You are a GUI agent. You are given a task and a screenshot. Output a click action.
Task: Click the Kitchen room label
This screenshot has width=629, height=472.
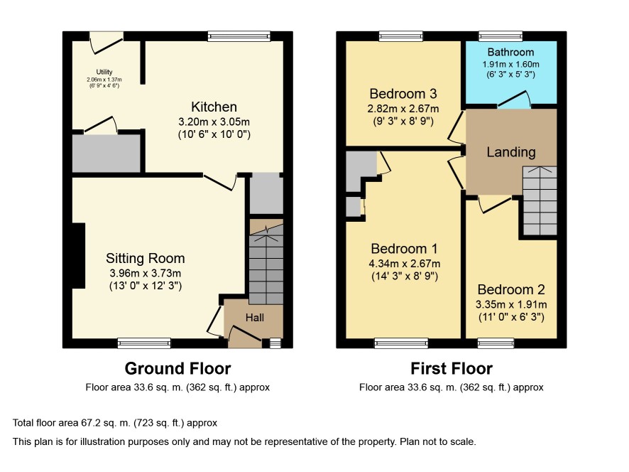214,107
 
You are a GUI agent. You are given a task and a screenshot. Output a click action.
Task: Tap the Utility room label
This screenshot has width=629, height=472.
104,72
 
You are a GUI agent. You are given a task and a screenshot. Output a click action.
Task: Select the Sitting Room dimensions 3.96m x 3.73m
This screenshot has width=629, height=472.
146,273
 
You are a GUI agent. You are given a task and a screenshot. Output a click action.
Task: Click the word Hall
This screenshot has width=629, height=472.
255,318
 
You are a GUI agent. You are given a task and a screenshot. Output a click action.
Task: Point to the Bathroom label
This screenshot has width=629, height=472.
510,52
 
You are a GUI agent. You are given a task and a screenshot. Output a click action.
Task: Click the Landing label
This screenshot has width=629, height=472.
511,152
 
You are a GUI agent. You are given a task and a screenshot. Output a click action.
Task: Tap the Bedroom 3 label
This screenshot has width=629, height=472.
403,94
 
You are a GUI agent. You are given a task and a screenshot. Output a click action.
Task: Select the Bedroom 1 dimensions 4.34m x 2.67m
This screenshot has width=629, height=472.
405,264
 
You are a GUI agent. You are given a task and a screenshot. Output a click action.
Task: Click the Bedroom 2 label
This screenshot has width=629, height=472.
511,289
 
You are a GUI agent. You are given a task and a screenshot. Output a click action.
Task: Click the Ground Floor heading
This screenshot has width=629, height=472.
177,368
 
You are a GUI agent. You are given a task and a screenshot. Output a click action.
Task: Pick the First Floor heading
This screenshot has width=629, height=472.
452,368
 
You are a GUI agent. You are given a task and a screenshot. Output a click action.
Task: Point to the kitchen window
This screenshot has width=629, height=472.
239,36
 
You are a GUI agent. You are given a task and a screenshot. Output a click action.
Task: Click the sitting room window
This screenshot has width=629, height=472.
144,343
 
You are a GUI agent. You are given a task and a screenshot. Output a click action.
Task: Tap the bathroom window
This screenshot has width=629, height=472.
501,36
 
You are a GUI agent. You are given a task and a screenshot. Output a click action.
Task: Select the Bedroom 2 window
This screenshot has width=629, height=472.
496,343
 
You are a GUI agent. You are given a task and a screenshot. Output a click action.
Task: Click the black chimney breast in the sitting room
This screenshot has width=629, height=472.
79,255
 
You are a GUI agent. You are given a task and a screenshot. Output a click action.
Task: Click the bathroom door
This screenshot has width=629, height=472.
515,100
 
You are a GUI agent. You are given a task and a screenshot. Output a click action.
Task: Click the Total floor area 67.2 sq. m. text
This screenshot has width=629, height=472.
115,422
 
